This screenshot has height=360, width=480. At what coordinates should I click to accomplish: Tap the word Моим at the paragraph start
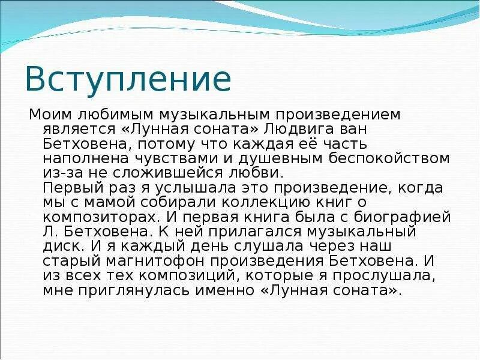pos(50,114)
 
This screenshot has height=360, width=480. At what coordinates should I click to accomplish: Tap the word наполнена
pos(80,159)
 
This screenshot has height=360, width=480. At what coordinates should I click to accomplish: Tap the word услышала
pos(169,188)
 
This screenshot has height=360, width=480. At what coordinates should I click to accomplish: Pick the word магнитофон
pos(152,261)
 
